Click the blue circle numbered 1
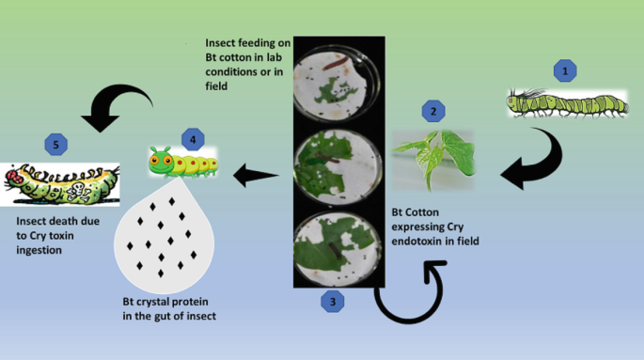564,70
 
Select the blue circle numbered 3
330,301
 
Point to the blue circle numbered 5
55,146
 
